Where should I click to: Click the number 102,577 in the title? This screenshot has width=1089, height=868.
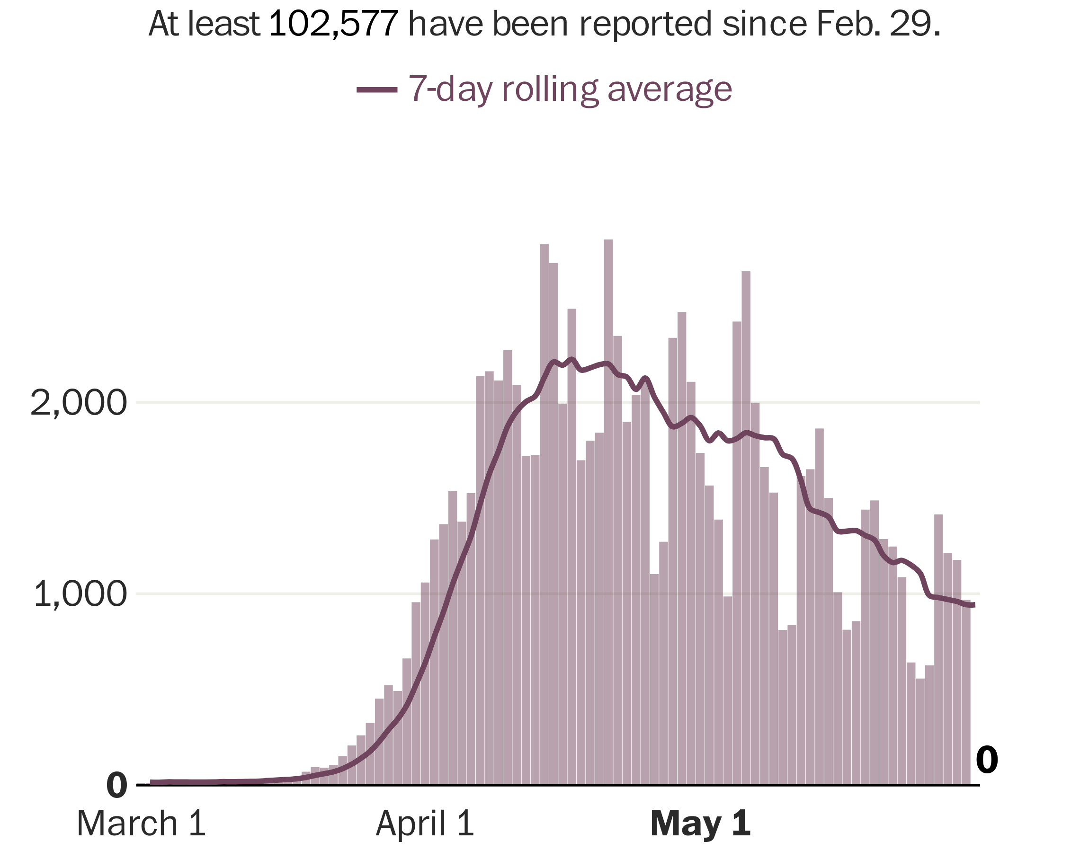coord(334,24)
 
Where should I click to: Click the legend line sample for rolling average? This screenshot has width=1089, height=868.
coord(377,90)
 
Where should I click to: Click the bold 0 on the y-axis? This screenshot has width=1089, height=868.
coord(116,786)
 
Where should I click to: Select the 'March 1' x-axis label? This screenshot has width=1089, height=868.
coord(142,824)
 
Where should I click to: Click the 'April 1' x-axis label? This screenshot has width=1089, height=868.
coord(425,824)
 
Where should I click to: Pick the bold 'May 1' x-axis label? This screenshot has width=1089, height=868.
coord(700,824)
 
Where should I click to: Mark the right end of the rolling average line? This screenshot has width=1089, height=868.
coord(973,605)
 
